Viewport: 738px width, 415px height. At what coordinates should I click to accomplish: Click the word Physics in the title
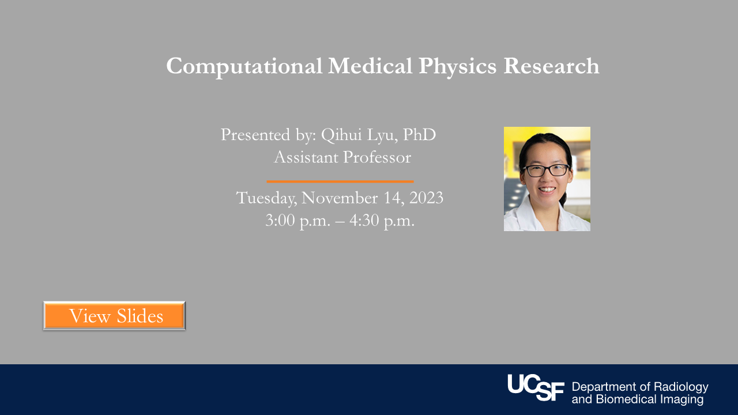[x=457, y=66]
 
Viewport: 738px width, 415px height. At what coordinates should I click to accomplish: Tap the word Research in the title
[x=551, y=66]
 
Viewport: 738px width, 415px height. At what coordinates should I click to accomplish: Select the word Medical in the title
[x=370, y=66]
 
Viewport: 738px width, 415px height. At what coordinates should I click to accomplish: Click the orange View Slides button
[x=115, y=316]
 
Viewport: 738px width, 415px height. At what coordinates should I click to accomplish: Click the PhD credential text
[x=419, y=135]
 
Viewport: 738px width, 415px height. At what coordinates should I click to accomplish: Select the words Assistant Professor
[x=342, y=157]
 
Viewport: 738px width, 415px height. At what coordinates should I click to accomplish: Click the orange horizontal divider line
[x=340, y=182]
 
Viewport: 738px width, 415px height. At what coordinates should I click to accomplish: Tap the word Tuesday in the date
[x=266, y=198]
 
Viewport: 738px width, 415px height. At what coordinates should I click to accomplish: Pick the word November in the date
[x=339, y=198]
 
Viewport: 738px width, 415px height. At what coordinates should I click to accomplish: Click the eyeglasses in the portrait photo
[x=546, y=171]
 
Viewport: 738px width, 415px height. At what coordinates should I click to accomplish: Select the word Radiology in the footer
[x=681, y=387]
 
